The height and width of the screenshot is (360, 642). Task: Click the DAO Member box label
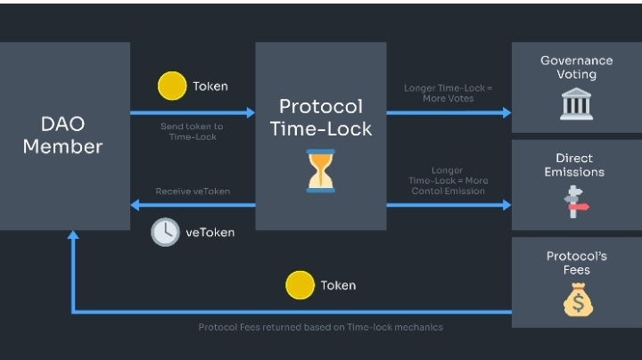click(62, 135)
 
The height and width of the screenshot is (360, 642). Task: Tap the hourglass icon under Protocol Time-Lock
click(321, 170)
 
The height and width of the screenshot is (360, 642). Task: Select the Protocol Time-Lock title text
click(321, 118)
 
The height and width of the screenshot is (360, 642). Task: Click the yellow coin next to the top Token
click(172, 86)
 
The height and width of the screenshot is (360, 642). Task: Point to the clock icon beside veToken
click(165, 232)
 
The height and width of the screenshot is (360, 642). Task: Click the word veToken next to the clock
click(210, 232)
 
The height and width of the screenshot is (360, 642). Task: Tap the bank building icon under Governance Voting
click(576, 103)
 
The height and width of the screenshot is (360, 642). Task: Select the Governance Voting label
click(576, 68)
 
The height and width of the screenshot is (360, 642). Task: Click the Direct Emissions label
click(574, 165)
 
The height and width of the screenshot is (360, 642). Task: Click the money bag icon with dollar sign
click(577, 299)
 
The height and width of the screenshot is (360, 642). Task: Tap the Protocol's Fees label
click(577, 263)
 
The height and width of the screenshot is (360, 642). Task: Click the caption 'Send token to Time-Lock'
click(192, 131)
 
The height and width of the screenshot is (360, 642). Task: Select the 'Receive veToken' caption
click(192, 191)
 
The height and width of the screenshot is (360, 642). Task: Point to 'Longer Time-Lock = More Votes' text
click(447, 93)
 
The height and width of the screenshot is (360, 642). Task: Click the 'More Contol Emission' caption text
click(447, 191)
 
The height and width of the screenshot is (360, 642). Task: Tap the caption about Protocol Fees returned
click(320, 327)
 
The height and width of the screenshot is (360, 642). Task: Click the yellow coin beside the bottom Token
click(300, 285)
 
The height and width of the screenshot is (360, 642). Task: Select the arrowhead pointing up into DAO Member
click(73, 237)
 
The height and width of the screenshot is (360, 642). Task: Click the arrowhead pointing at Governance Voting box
click(506, 113)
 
